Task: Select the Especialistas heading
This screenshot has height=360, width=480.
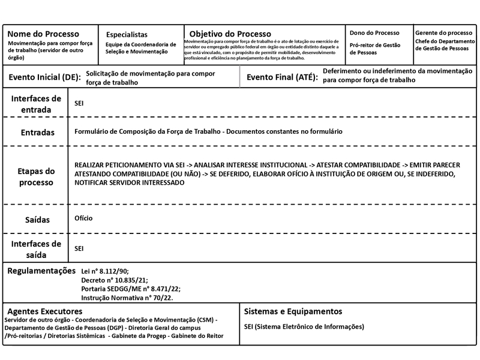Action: tap(127, 35)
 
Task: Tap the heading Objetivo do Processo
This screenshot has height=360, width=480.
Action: tap(230, 34)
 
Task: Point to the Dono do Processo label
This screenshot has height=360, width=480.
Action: tap(374, 32)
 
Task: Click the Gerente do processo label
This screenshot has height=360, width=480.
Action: tap(443, 32)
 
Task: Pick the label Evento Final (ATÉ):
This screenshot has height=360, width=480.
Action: tap(281, 77)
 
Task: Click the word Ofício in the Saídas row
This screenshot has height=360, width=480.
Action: tap(83, 218)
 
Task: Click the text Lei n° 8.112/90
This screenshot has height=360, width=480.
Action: tap(105, 272)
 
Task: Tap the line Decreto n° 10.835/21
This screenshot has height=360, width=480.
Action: tap(114, 280)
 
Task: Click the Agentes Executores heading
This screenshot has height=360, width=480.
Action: tap(44, 311)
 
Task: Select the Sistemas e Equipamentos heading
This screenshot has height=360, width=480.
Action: tap(293, 311)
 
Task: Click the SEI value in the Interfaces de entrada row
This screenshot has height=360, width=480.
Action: tap(79, 103)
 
